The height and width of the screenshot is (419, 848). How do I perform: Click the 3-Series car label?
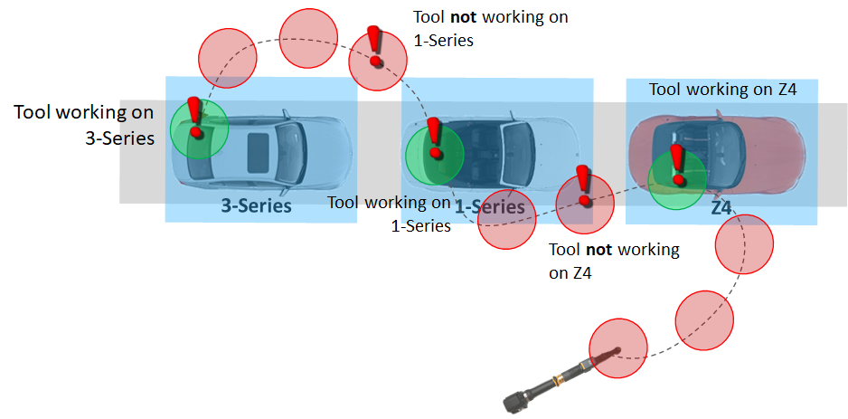(257, 206)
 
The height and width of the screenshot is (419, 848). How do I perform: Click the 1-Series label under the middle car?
(489, 207)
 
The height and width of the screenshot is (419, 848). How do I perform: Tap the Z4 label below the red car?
(721, 207)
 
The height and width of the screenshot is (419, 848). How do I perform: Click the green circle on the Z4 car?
(676, 179)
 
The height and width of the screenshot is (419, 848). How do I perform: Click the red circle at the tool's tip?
(618, 348)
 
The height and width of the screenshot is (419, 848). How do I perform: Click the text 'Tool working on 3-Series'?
(84, 126)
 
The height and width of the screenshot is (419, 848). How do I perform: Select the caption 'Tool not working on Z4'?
(614, 261)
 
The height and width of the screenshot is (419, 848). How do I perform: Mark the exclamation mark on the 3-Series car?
(193, 116)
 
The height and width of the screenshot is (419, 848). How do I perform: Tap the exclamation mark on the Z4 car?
(674, 164)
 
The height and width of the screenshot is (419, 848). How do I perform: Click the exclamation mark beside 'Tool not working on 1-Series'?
(373, 45)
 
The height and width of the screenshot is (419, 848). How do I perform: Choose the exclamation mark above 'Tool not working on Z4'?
(584, 184)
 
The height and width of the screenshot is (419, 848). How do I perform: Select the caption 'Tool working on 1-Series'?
(390, 214)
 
